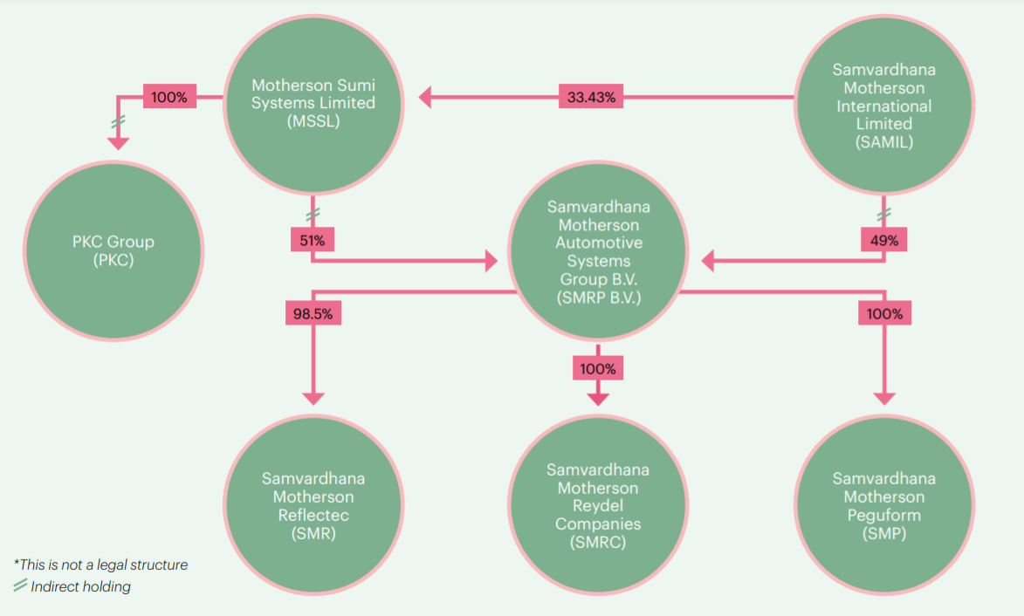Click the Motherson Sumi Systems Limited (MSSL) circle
313,102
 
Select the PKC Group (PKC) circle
114,250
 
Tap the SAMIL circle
883,106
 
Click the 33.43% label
591,97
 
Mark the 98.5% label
313,313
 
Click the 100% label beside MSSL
168,97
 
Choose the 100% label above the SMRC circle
598,368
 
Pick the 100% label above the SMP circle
883,313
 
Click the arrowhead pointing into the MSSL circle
425,97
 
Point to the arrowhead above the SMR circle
313,398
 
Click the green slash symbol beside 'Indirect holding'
20,586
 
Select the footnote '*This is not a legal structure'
100,565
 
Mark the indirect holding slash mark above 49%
883,214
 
